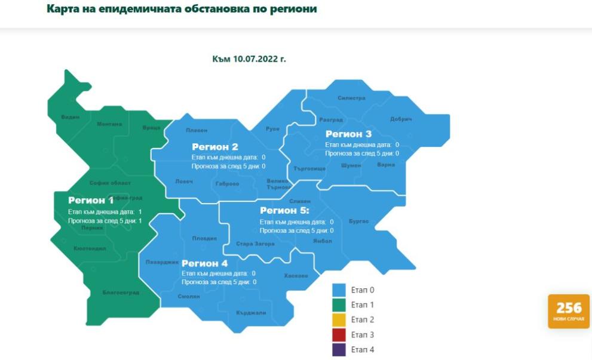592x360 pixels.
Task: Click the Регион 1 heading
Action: pyautogui.click(x=91, y=201)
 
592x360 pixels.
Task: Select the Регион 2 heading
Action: pyautogui.click(x=215, y=147)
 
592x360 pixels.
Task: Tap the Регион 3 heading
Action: pyautogui.click(x=348, y=134)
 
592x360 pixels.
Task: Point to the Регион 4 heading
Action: pyautogui.click(x=205, y=263)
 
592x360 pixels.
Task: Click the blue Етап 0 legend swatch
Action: pyautogui.click(x=339, y=290)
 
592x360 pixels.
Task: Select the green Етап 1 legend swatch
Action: pyautogui.click(x=339, y=305)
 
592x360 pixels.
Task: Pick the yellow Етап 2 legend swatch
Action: pyautogui.click(x=339, y=320)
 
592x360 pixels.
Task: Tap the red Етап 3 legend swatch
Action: pyautogui.click(x=339, y=335)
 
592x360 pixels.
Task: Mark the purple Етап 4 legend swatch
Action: pyautogui.click(x=339, y=350)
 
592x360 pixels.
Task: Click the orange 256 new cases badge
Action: pyautogui.click(x=569, y=311)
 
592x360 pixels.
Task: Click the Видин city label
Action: pyautogui.click(x=70, y=117)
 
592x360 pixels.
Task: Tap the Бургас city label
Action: pyautogui.click(x=359, y=221)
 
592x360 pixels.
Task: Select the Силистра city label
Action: pyautogui.click(x=351, y=98)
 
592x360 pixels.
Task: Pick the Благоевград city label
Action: pyautogui.click(x=121, y=293)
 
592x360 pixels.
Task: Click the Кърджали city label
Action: pyautogui.click(x=250, y=312)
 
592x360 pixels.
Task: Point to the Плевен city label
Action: pyautogui.click(x=197, y=130)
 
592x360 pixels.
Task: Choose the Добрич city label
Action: pyautogui.click(x=401, y=119)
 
